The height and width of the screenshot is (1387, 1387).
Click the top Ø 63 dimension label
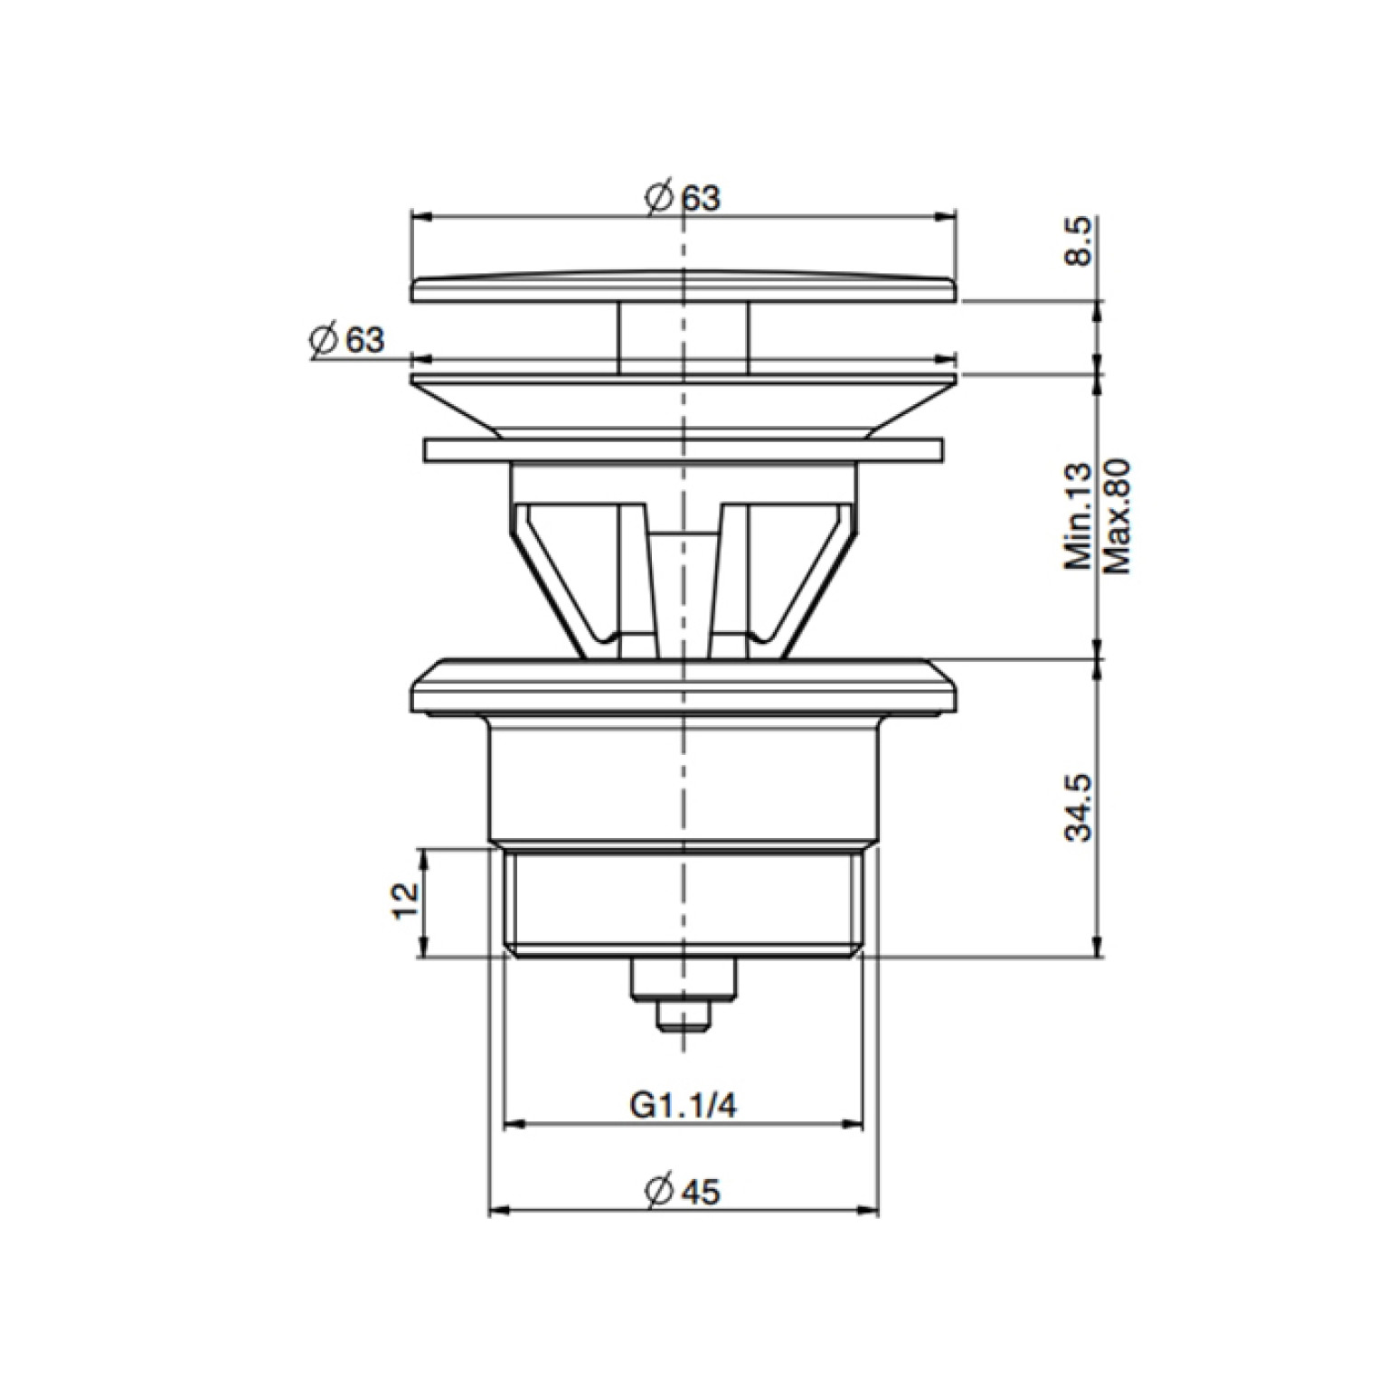tap(684, 197)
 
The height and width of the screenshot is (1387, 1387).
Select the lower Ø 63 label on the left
tap(346, 340)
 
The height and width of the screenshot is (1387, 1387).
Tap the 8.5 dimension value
tap(1080, 241)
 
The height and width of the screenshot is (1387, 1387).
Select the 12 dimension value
tap(407, 901)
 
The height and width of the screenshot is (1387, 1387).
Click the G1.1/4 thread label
tap(683, 1105)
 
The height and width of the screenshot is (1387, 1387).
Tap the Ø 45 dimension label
tap(683, 1191)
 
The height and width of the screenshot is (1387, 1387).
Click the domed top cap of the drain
tap(684, 285)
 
